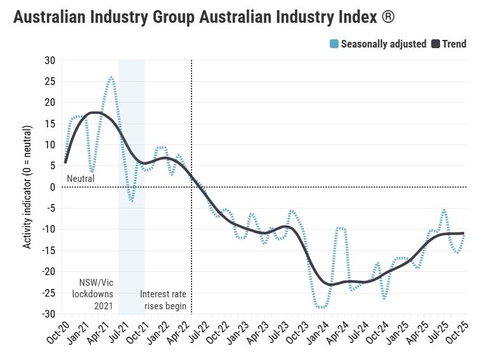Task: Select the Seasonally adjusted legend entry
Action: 383,44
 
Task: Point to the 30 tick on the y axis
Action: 49,60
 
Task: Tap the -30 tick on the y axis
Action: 48,314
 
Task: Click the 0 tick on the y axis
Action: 53,187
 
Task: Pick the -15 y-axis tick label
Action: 48,250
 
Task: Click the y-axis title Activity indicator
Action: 27,187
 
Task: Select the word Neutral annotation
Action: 81,179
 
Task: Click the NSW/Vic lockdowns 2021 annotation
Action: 96,294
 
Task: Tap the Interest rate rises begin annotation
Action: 163,300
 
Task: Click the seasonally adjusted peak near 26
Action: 111,77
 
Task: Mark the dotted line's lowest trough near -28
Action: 322,307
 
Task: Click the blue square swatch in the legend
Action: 334,44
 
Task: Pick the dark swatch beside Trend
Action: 436,44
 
